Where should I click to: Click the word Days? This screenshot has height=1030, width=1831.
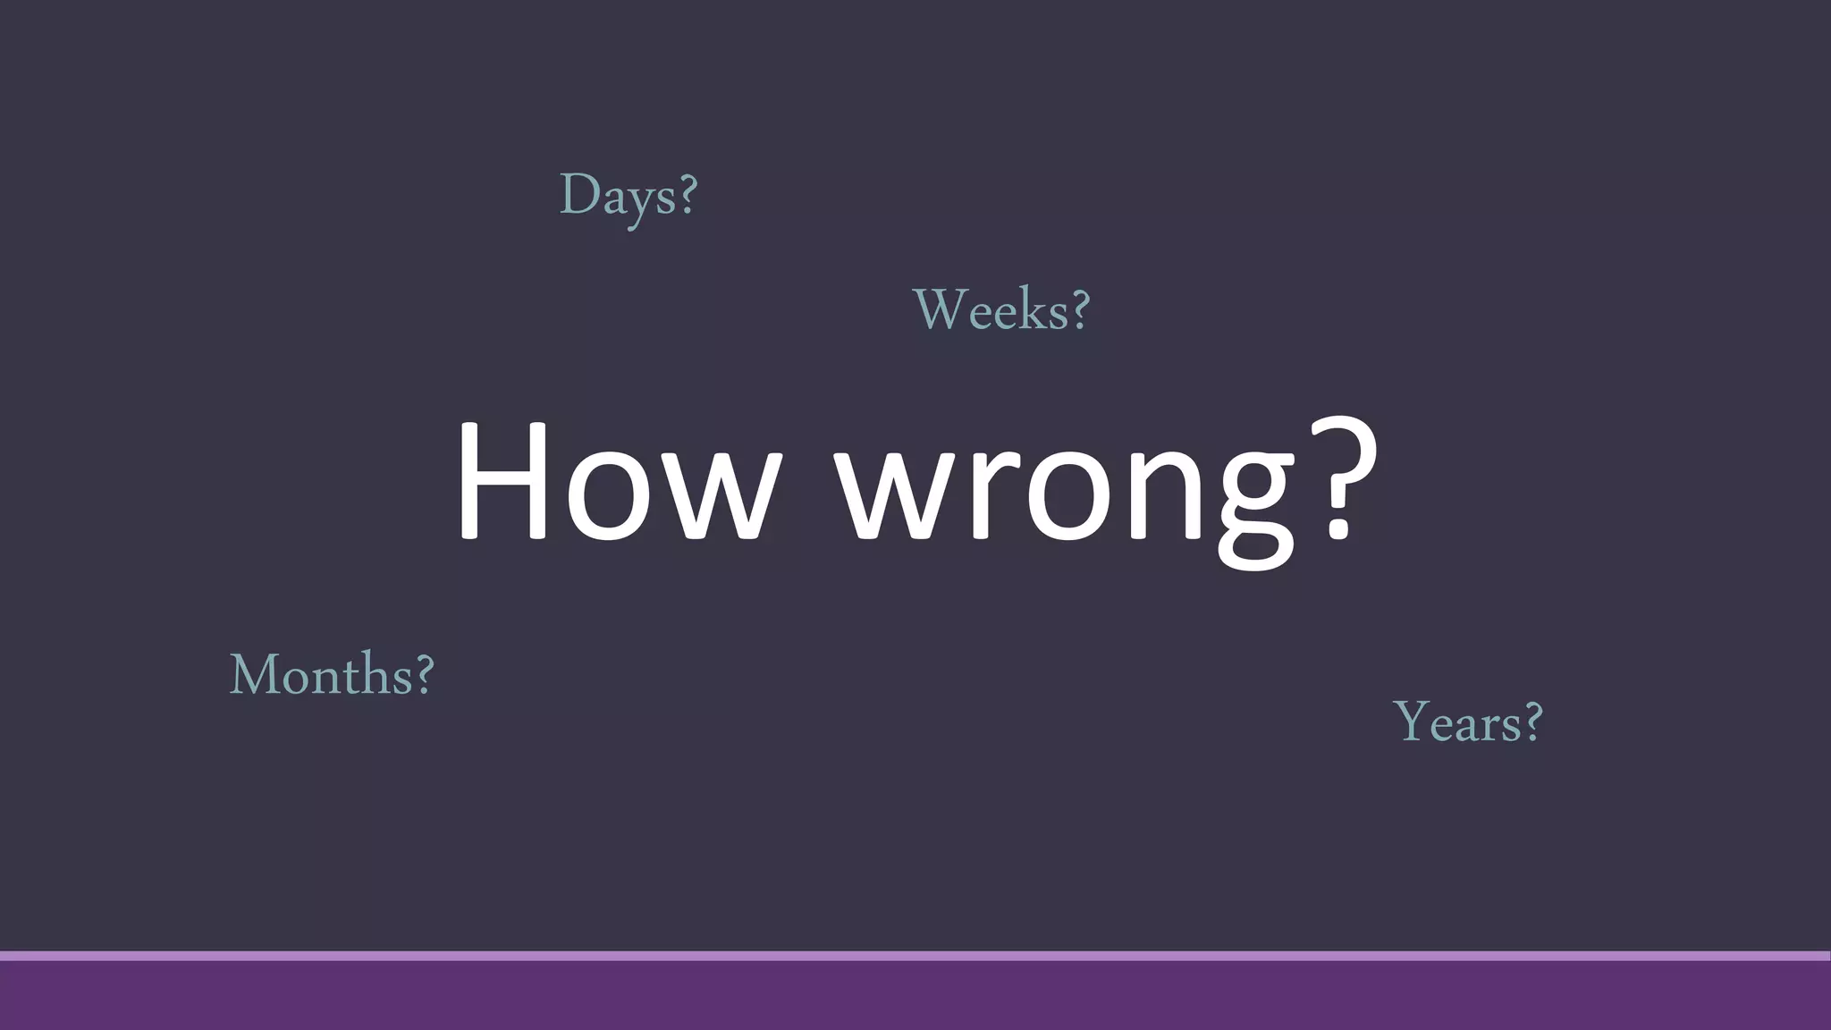pyautogui.click(x=628, y=196)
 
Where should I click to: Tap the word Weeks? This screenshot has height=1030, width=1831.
pyautogui.click(x=1001, y=310)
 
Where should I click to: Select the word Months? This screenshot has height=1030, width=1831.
pyautogui.click(x=332, y=674)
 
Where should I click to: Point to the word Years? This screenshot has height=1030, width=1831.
pyautogui.click(x=1468, y=722)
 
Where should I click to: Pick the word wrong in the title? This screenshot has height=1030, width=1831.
pyautogui.click(x=1064, y=487)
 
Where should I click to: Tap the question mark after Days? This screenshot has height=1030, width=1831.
pyautogui.click(x=688, y=194)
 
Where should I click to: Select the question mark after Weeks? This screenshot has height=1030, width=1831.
pyautogui.click(x=1080, y=309)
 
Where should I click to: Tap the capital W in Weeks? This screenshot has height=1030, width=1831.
pyautogui.click(x=939, y=309)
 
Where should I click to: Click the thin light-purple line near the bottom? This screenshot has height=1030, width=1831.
pyautogui.click(x=915, y=956)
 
